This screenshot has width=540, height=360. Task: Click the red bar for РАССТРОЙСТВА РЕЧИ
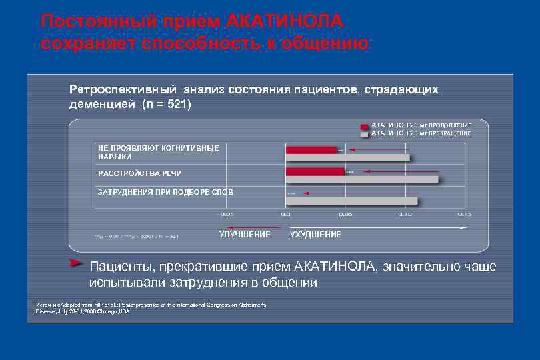(315, 171)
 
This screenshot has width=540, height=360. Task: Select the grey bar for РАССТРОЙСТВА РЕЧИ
(362, 179)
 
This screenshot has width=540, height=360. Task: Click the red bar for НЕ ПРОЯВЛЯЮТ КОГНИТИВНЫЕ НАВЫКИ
(311, 150)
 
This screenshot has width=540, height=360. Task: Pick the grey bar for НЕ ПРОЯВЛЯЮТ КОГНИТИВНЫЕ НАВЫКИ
(348, 157)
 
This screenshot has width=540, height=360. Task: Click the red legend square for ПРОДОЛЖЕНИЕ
(364, 125)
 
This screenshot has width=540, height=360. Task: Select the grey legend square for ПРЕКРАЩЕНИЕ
(364, 133)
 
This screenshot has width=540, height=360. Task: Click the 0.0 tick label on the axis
(285, 215)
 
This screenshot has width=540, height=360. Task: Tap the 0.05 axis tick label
(345, 215)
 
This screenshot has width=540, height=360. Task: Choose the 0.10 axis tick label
(405, 215)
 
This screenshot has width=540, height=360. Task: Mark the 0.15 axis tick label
(464, 215)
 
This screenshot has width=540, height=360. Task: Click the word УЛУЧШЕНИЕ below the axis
(245, 235)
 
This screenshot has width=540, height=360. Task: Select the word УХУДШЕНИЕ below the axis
(315, 235)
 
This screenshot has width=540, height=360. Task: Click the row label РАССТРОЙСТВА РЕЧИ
(139, 173)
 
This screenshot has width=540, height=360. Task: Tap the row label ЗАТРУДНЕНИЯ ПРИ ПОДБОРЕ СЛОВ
(165, 192)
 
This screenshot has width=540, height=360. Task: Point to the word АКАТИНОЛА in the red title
(285, 21)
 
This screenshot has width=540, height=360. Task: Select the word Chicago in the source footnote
(108, 311)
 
